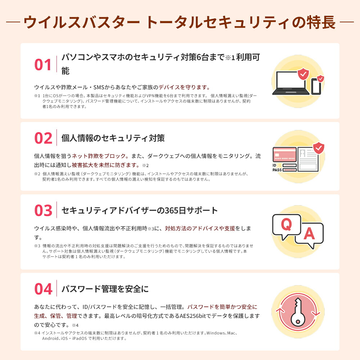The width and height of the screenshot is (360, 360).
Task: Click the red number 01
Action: tap(43, 64)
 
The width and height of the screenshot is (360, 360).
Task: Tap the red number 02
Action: tap(43, 138)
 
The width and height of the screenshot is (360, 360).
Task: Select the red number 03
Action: tap(43, 211)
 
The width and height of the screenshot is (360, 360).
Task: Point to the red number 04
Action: tap(43, 289)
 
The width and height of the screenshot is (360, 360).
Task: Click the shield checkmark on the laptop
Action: tap(302, 74)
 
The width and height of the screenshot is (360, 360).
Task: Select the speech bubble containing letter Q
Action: tap(286, 226)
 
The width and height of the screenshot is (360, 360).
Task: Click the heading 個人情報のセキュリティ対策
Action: tap(113, 138)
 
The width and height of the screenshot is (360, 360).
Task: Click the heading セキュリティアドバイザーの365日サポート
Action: tap(140, 211)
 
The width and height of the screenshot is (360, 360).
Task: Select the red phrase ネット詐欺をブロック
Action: tap(99, 156)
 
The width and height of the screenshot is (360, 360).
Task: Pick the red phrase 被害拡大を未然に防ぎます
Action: tap(105, 165)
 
